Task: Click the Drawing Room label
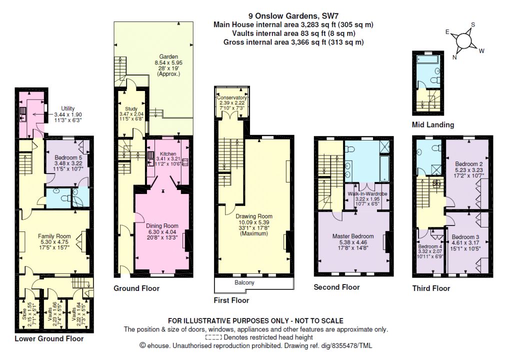point(253,216)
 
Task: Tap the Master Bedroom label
point(353,236)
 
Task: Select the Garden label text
point(168,57)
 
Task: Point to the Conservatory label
point(232,97)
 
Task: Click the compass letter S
point(473,25)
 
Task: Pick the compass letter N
point(454,57)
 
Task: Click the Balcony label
point(244,282)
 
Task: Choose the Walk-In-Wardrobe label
point(367,193)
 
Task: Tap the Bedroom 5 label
point(68,157)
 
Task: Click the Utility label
point(68,108)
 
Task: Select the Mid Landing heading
point(433,124)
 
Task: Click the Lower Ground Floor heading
point(49,339)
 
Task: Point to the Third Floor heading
point(431,288)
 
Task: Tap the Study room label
point(131,109)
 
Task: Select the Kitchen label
point(168,154)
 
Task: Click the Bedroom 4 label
point(430,246)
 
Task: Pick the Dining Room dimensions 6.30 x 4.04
point(162,231)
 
